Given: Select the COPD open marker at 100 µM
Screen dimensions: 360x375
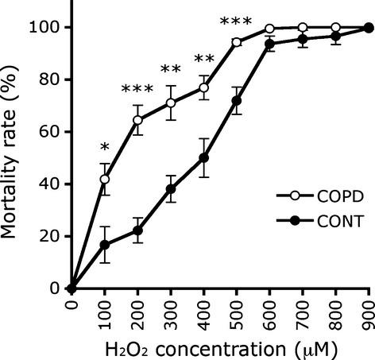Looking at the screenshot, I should click(x=105, y=180).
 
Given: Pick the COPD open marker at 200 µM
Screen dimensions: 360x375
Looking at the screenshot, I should click(x=137, y=120).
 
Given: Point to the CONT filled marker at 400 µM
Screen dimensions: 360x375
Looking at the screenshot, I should click(x=203, y=157).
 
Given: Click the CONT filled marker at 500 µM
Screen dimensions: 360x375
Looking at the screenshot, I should click(x=237, y=100).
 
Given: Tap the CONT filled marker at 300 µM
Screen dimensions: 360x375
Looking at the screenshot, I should click(x=171, y=189).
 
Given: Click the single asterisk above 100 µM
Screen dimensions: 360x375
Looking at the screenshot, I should click(x=105, y=149).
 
